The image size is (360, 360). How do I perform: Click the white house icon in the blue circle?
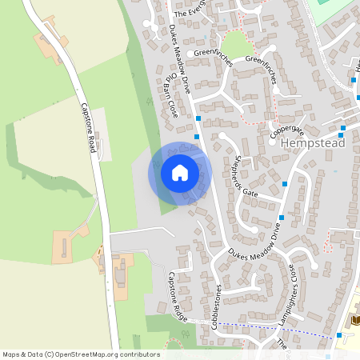coord(180,173)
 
